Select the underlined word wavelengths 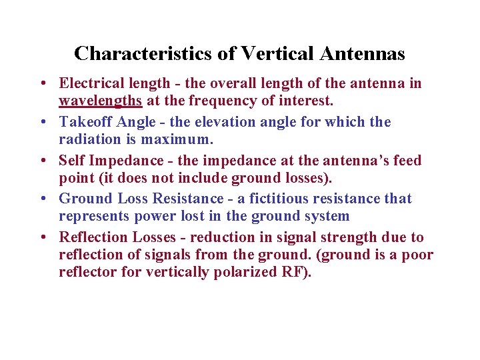[101, 101]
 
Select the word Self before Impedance [71, 161]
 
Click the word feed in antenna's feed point [406, 161]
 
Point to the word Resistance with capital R [188, 199]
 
